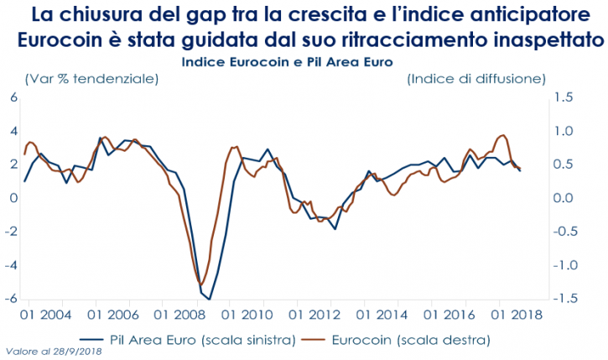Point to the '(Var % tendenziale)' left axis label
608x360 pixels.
(x=91, y=79)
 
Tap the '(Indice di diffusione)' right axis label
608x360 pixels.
(x=476, y=79)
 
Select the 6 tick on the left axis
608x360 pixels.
(x=13, y=97)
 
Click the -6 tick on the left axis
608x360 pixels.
(x=11, y=299)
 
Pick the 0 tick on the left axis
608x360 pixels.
(x=13, y=198)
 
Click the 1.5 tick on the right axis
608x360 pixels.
(x=564, y=97)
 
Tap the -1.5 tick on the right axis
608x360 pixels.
(x=562, y=299)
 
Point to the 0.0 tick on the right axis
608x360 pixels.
(x=564, y=198)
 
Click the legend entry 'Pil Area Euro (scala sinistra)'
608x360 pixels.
(x=201, y=340)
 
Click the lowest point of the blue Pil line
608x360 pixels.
(x=210, y=299)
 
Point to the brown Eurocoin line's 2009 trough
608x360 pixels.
(x=200, y=284)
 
